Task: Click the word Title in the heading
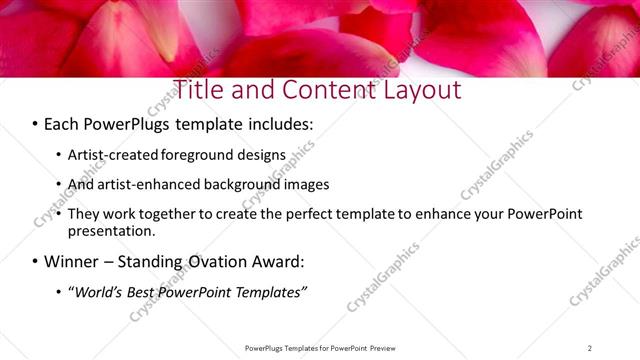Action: pyautogui.click(x=199, y=89)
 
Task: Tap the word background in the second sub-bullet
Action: pyautogui.click(x=243, y=185)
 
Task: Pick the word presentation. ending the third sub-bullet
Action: pyautogui.click(x=111, y=231)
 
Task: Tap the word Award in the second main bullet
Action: pyautogui.click(x=281, y=262)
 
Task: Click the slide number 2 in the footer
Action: pyautogui.click(x=589, y=348)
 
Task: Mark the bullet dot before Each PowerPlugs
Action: pyautogui.click(x=35, y=126)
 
